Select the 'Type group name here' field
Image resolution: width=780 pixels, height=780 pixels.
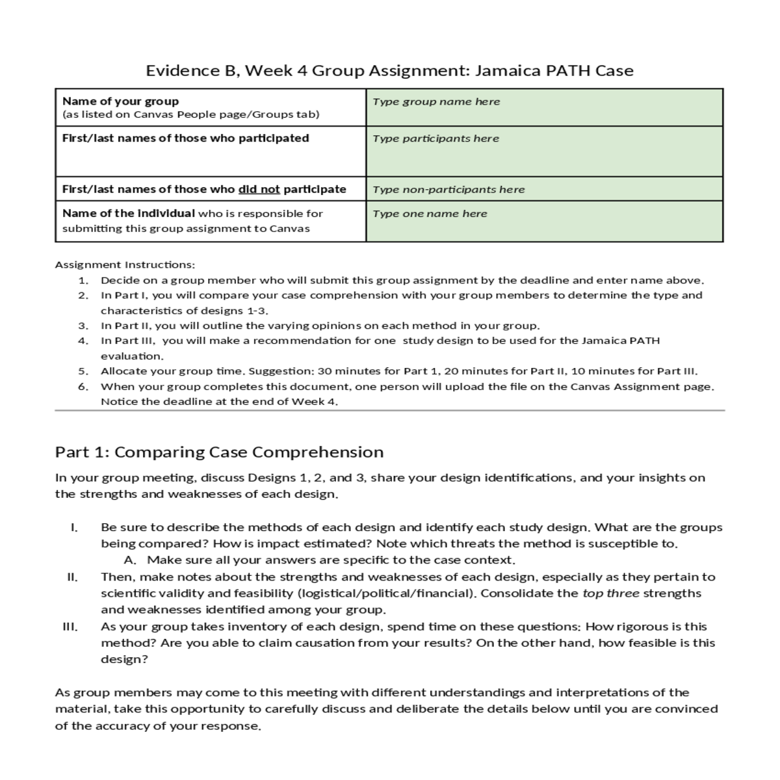[436, 101]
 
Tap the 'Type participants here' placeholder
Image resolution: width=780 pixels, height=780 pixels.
[435, 138]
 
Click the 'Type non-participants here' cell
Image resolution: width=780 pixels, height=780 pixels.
[448, 190]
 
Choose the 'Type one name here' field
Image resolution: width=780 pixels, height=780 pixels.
[430, 214]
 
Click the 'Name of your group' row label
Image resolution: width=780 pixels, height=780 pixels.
[120, 101]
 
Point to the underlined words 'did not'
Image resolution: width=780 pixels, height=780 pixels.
[259, 190]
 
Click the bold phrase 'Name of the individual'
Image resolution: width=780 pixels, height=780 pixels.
[128, 214]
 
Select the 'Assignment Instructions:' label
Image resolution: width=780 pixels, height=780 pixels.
[125, 265]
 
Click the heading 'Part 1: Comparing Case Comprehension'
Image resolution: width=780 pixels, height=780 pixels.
[219, 452]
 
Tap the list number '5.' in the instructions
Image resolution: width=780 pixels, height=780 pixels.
[83, 372]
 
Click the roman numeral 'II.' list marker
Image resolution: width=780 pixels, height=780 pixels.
[72, 577]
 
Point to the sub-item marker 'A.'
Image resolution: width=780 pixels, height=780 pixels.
[129, 560]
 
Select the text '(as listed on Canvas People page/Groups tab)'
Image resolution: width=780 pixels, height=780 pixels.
[190, 115]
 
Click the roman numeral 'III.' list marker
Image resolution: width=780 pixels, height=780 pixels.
[70, 627]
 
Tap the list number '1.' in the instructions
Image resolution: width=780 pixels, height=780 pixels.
[83, 281]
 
